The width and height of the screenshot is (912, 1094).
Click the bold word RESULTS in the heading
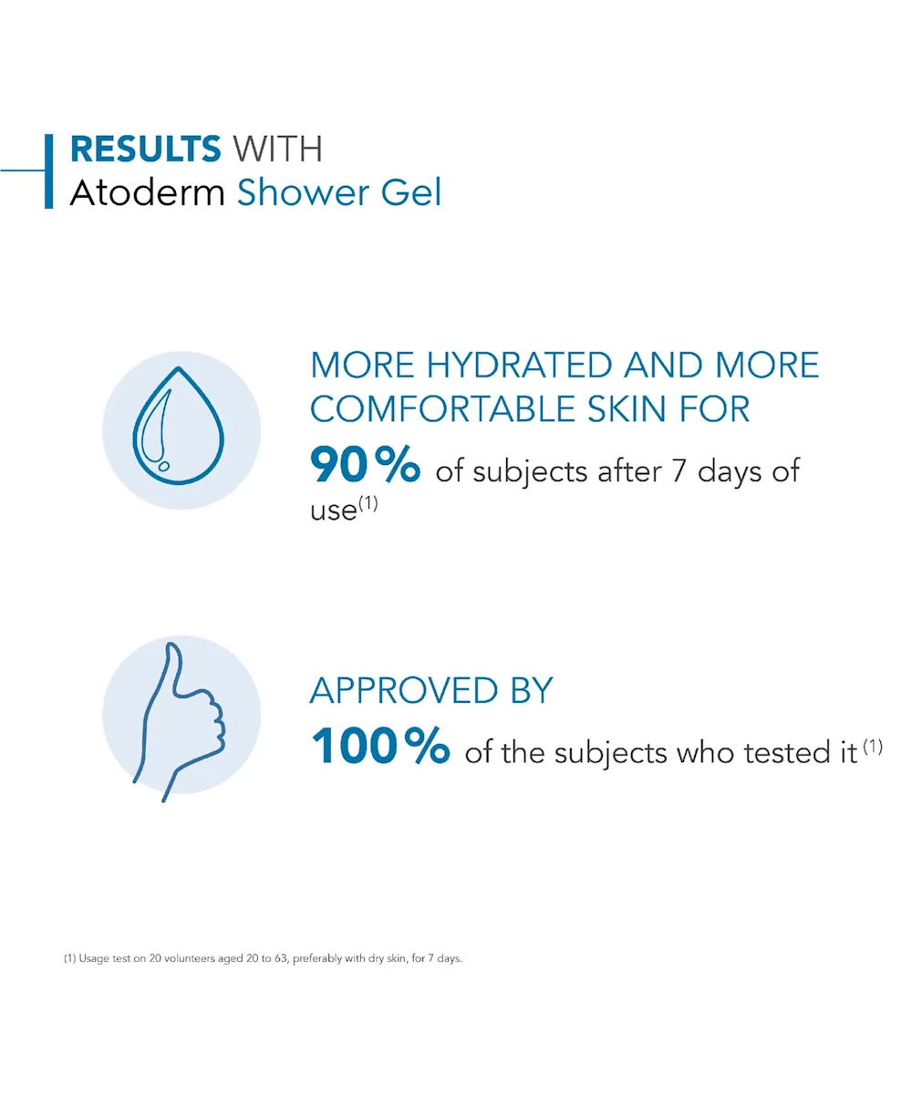(145, 149)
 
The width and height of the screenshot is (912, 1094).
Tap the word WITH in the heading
(277, 149)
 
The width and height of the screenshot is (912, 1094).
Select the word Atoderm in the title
(147, 192)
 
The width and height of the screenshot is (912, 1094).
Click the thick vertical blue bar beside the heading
(48, 171)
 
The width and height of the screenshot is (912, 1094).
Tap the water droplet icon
(179, 426)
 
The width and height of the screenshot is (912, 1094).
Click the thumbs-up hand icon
(179, 722)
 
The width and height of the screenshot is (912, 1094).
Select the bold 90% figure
(366, 464)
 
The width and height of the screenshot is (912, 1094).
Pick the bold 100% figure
(380, 746)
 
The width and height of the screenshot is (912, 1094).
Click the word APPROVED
(404, 690)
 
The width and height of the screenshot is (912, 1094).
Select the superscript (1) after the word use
(368, 503)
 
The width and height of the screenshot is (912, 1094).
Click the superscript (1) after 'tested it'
(873, 746)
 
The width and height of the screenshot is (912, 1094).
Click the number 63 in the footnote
(281, 958)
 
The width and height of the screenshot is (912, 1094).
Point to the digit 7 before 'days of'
(679, 470)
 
